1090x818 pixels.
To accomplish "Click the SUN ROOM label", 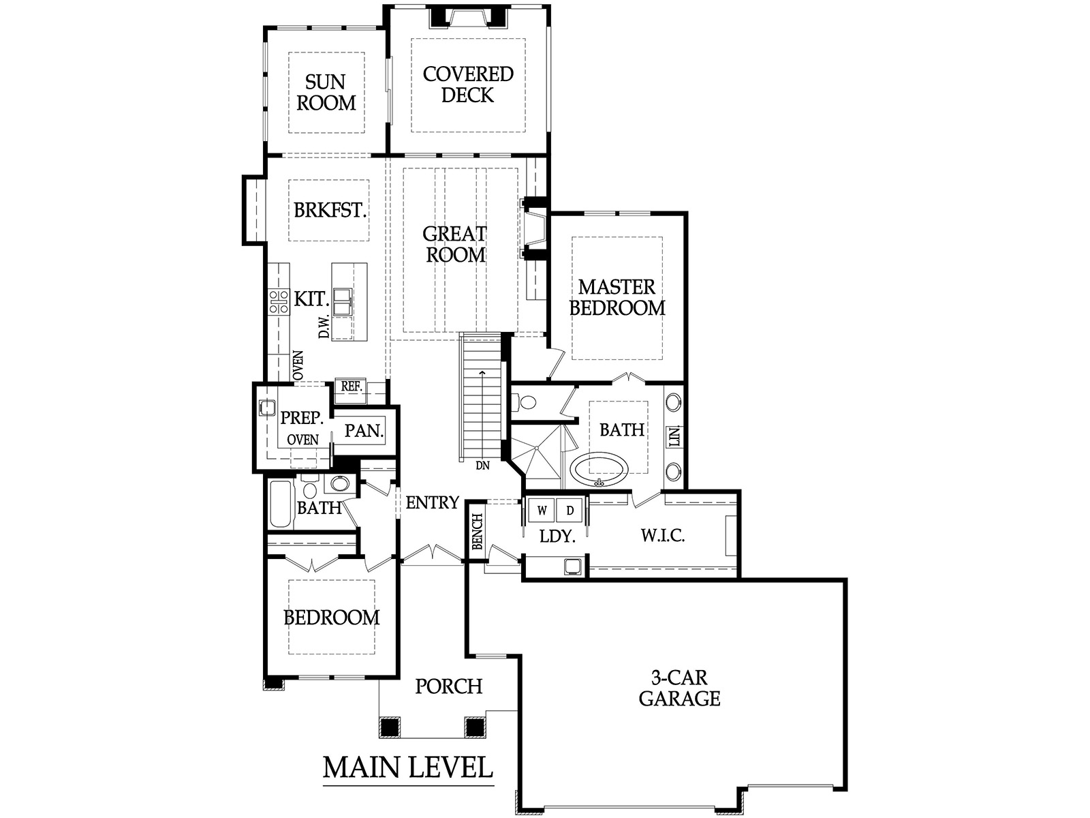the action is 326,93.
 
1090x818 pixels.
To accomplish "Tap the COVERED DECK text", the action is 468,85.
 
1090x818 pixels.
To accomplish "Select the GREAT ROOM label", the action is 455,244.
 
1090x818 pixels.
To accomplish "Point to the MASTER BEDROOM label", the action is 617,297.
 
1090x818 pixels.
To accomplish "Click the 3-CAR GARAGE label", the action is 679,688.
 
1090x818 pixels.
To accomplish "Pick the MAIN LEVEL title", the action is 407,768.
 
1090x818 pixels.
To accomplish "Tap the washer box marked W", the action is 542,510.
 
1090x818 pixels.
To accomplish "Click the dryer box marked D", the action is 570,510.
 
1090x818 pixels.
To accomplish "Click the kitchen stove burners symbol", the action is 279,301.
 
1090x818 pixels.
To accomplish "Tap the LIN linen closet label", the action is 674,436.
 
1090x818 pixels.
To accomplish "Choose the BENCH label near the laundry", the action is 477,532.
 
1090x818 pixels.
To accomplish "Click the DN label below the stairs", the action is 483,466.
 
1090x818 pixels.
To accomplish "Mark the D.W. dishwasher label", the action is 324,326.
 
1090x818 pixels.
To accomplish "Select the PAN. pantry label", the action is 364,430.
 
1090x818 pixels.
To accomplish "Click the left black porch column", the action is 390,727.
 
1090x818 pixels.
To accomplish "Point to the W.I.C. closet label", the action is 662,535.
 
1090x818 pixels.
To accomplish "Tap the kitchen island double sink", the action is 343,301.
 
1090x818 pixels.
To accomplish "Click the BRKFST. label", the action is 330,210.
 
